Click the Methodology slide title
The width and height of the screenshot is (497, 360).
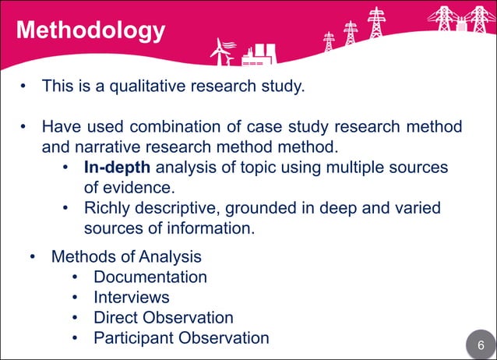(x=90, y=31)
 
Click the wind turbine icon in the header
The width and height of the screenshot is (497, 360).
(x=223, y=51)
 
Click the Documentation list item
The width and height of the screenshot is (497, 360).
(x=150, y=277)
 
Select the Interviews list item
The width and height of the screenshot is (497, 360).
(x=132, y=297)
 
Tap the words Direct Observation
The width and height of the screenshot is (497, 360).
(x=164, y=317)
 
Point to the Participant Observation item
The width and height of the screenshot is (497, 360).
(x=182, y=337)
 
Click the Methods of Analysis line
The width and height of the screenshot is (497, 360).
(x=126, y=256)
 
